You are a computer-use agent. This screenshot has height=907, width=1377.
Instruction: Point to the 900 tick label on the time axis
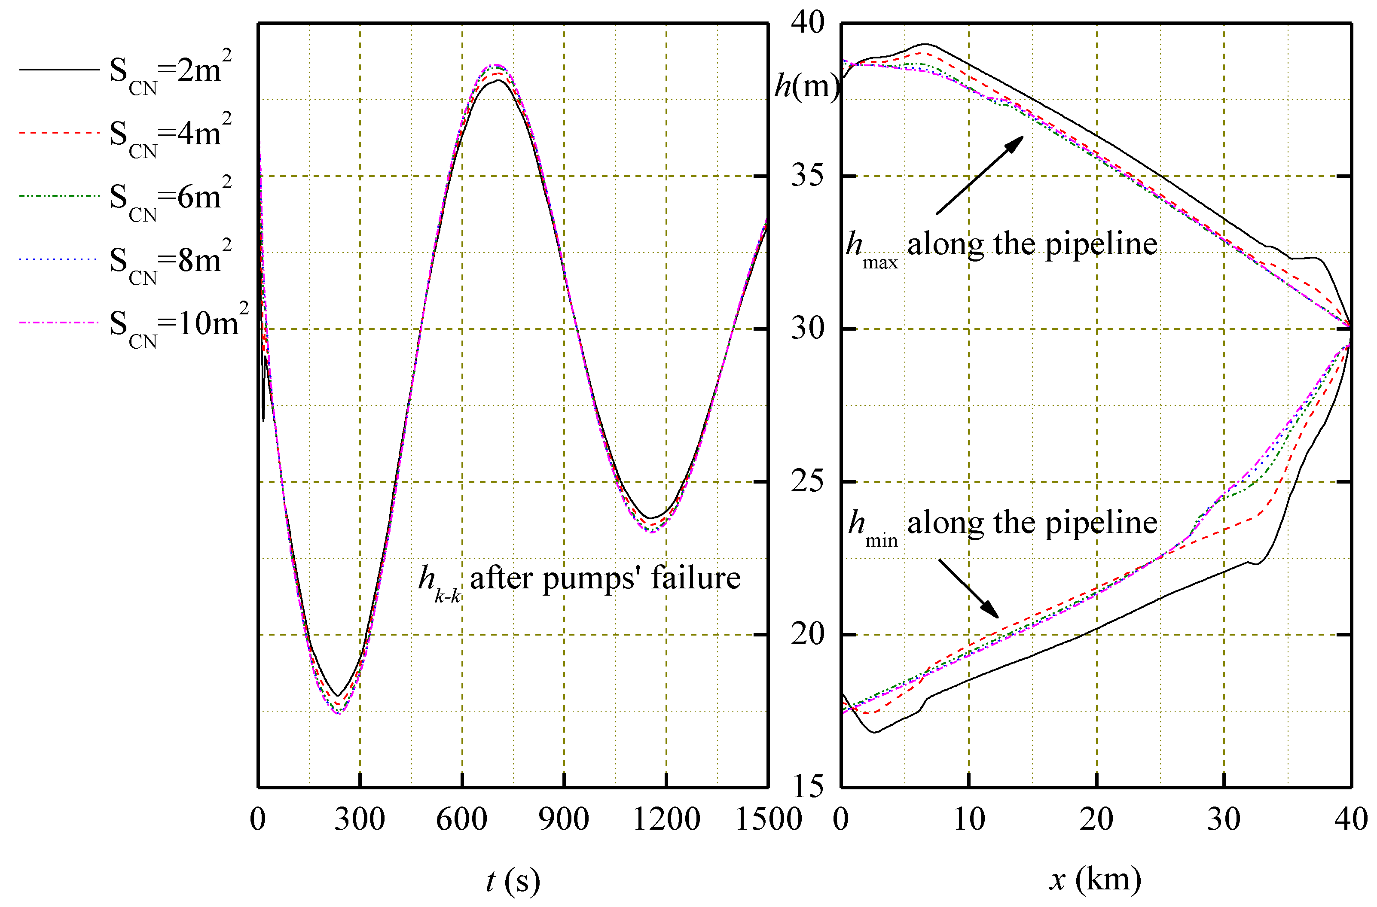564,819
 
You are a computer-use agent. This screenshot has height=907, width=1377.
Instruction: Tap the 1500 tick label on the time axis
768,819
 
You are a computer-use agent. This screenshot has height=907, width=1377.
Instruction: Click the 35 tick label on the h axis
807,175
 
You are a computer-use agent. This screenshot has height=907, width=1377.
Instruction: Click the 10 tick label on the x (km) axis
968,819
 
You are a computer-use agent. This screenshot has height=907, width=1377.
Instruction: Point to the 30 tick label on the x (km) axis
1224,819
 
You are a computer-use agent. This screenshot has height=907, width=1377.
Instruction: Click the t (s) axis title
513,880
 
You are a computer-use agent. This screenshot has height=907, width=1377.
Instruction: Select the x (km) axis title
1095,879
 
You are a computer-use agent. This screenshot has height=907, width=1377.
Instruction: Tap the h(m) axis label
806,87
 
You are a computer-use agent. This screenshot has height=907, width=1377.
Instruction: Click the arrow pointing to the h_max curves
980,175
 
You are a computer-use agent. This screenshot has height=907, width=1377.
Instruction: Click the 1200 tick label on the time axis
666,819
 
